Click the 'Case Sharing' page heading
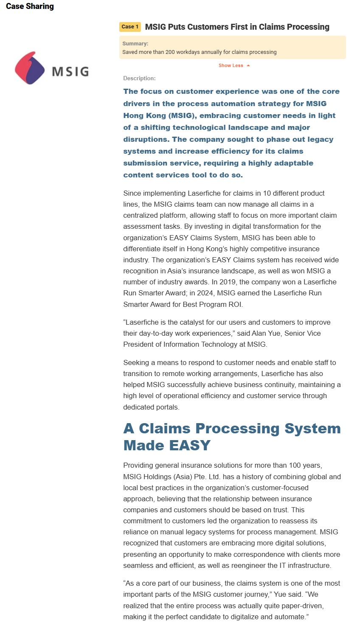(x=30, y=6)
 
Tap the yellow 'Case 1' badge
(x=130, y=27)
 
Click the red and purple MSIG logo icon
(x=29, y=68)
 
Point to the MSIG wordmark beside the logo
(x=70, y=71)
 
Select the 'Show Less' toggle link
(x=231, y=65)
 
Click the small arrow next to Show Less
(x=248, y=65)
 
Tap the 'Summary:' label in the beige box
(x=135, y=44)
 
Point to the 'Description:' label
(x=139, y=79)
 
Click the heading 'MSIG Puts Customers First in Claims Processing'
(x=237, y=27)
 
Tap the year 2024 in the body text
(x=206, y=293)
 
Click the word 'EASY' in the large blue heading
(x=188, y=445)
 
